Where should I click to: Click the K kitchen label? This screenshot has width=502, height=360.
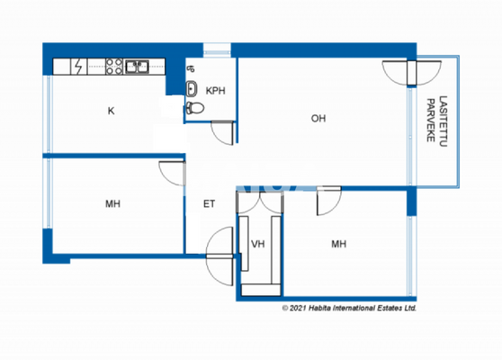[111, 111]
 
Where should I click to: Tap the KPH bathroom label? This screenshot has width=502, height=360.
[215, 91]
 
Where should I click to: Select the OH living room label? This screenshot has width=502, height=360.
[318, 118]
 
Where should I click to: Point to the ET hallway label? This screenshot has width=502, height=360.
[209, 204]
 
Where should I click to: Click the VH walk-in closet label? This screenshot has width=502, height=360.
[257, 243]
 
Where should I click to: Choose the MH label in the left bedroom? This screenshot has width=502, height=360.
[112, 204]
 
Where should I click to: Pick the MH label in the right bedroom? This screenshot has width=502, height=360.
[338, 243]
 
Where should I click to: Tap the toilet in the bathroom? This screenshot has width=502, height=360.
[195, 106]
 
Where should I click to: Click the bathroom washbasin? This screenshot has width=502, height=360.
[193, 88]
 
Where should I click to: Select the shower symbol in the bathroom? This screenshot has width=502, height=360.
[190, 68]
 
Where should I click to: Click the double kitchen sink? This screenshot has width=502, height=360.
[138, 66]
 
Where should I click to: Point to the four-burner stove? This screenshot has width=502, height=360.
[114, 66]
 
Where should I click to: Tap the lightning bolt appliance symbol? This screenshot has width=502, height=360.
[79, 67]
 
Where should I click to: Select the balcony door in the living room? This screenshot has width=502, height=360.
[396, 74]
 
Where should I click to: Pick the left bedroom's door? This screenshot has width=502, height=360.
[171, 174]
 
